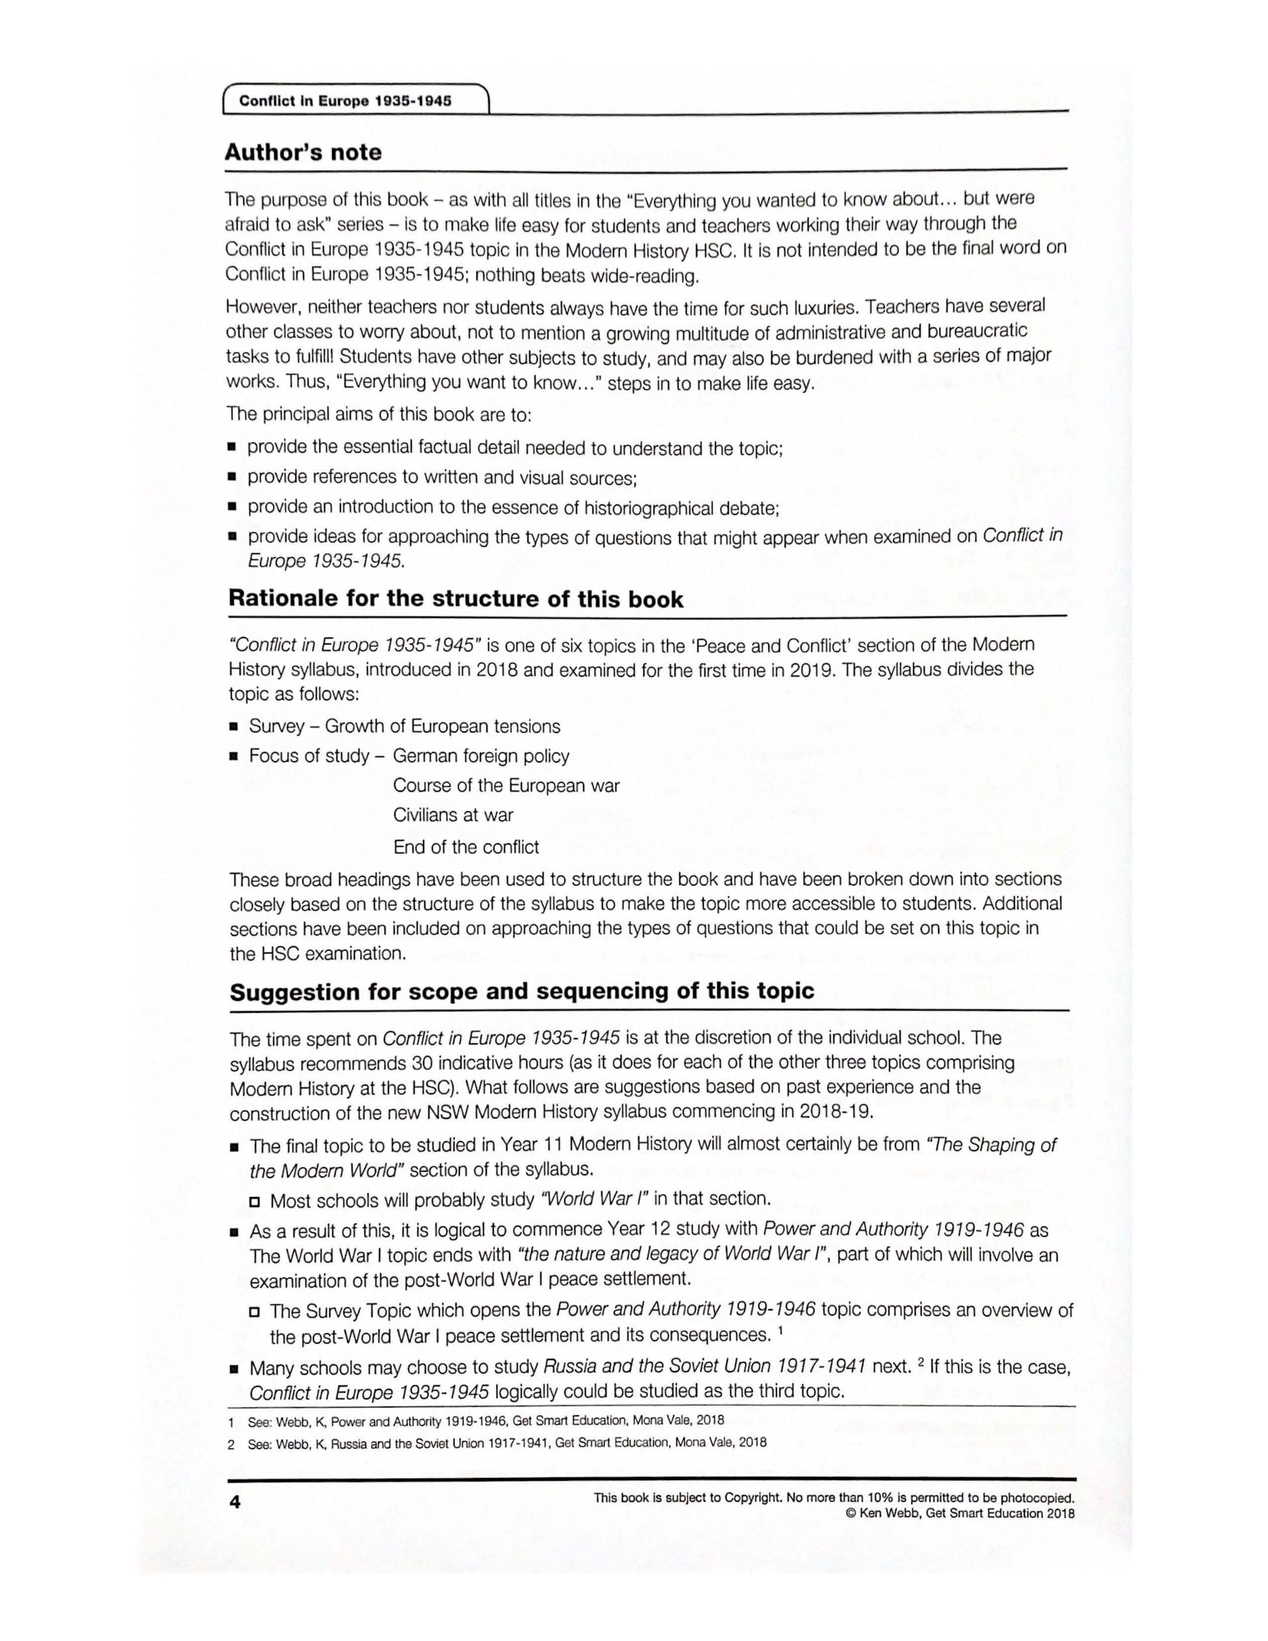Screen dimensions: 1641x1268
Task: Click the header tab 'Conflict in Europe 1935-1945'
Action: [x=345, y=100]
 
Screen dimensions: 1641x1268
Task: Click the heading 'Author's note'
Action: [x=303, y=152]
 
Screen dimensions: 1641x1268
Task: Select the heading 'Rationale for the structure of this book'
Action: [x=455, y=599]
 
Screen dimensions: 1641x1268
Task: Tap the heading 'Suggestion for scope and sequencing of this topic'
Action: [x=521, y=991]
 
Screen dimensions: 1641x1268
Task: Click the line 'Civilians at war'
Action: [x=452, y=815]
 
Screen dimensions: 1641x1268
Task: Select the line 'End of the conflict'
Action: [x=466, y=847]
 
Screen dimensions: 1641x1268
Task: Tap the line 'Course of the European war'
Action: [x=506, y=785]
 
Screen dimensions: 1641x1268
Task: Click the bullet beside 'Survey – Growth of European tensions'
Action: [x=234, y=727]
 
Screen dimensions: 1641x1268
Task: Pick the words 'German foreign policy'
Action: [x=481, y=756]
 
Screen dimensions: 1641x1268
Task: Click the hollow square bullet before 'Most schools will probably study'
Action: [x=255, y=1200]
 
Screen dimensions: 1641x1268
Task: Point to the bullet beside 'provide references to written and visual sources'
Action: [x=232, y=478]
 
